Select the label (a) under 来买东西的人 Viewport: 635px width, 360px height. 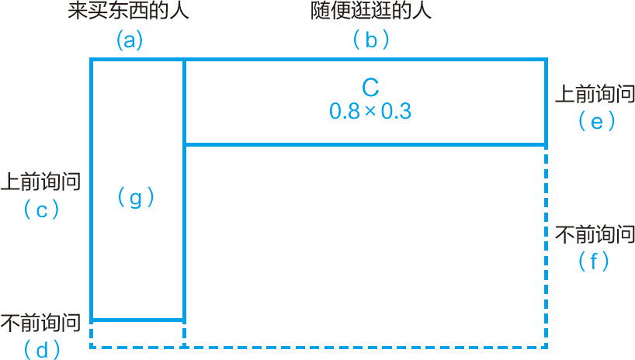tap(130, 40)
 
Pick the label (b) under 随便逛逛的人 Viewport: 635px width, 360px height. tap(370, 40)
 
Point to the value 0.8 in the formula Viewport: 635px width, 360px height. tap(345, 111)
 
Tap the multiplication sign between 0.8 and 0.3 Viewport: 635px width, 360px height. tap(370, 112)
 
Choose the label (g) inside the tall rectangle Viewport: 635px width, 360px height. tap(136, 198)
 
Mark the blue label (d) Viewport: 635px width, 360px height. tap(42, 349)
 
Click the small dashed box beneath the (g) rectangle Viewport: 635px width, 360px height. tap(137, 333)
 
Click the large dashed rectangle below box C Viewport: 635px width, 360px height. tap(366, 245)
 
